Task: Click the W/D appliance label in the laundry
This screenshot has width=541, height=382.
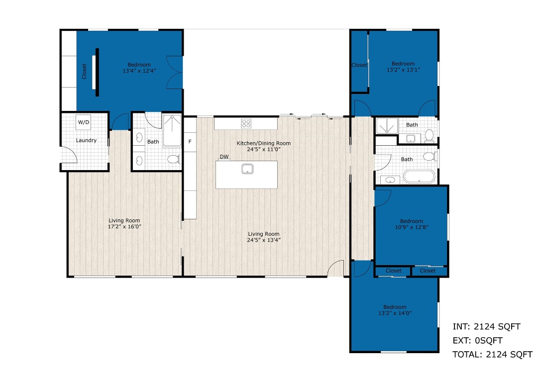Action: pos(83,122)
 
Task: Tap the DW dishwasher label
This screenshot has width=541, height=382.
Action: pos(224,157)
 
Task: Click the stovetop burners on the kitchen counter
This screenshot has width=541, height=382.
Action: pos(246,123)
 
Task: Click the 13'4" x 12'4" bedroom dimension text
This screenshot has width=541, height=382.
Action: pos(139,71)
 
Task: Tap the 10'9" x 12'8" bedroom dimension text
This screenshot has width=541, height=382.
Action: pos(411,227)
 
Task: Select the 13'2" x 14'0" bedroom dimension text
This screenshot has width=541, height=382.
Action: pos(395,313)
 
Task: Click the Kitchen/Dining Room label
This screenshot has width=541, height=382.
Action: pos(263,143)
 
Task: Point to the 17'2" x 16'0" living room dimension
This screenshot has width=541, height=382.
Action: pos(125,227)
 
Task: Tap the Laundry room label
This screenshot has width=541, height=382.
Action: pos(86,140)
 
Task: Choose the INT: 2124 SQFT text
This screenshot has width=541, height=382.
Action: pos(486,327)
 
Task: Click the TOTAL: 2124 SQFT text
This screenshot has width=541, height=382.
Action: pos(492,355)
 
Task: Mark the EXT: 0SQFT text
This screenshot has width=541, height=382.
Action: pos(477,341)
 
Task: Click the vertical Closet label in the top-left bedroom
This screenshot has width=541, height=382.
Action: pos(84,71)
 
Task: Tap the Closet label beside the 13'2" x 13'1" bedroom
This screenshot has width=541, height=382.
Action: pos(359,65)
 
